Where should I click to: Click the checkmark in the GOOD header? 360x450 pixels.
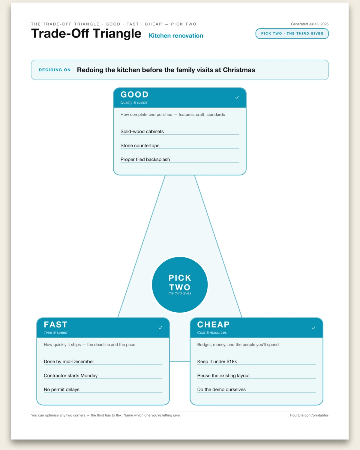(x=237, y=98)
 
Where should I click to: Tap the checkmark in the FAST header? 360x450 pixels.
(x=160, y=328)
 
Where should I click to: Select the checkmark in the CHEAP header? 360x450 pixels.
(x=313, y=328)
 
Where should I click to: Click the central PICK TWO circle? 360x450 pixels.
(x=180, y=285)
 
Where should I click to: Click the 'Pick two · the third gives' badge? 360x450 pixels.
(x=292, y=34)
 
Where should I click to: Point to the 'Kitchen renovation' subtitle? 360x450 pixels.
(x=176, y=35)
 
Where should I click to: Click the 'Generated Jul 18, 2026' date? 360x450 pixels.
(x=310, y=24)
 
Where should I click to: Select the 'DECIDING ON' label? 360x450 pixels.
(x=55, y=70)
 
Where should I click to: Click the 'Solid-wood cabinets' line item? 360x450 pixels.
(x=142, y=131)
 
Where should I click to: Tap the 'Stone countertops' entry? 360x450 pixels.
(x=140, y=145)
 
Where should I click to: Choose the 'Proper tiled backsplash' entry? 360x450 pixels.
(x=145, y=159)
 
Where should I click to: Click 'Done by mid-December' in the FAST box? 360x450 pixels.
(x=69, y=361)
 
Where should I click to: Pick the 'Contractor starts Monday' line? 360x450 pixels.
(x=71, y=375)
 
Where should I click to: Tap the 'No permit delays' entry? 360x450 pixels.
(x=61, y=389)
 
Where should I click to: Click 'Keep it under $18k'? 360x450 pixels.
(x=217, y=361)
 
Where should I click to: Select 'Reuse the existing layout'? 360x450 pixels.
(x=223, y=375)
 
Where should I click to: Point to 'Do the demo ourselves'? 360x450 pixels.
(x=221, y=389)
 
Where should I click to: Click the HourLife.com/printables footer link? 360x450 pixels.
(x=309, y=415)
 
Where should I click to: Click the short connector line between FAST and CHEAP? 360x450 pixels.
(x=180, y=361)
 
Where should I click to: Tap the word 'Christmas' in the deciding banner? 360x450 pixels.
(x=239, y=70)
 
